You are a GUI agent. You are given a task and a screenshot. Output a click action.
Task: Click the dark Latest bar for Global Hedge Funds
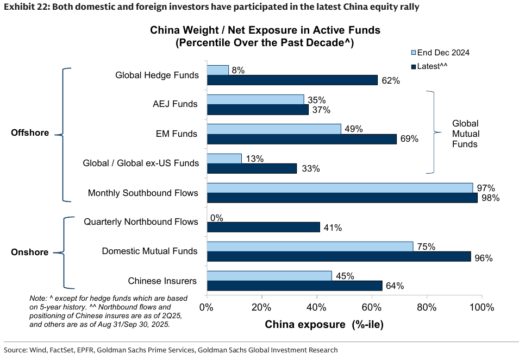[292, 80]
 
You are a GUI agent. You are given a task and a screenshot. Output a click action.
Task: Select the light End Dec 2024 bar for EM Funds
[274, 129]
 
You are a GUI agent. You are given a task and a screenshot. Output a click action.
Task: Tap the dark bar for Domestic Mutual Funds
[339, 256]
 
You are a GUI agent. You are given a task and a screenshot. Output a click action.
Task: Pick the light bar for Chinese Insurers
[269, 276]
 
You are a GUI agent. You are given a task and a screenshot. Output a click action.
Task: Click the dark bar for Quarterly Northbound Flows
[263, 227]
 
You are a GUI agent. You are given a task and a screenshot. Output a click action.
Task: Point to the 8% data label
[237, 70]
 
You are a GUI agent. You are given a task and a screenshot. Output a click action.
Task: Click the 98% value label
[490, 198]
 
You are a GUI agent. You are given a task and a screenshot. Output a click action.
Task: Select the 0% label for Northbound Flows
[216, 218]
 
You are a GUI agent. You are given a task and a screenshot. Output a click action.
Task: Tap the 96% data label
[483, 258]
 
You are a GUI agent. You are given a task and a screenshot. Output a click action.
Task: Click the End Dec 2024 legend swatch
[412, 53]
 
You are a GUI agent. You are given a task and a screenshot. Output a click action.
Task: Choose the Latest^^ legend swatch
[412, 66]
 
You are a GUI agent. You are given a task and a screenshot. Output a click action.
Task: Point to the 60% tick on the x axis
[372, 308]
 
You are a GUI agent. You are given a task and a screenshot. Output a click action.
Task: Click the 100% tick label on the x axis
[482, 308]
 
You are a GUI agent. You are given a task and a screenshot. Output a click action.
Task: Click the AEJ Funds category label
[176, 104]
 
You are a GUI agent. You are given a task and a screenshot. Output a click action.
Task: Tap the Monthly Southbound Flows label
[143, 193]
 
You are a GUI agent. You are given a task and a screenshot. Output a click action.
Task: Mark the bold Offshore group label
[30, 133]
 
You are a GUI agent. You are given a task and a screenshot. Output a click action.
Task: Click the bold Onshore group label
[30, 252]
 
